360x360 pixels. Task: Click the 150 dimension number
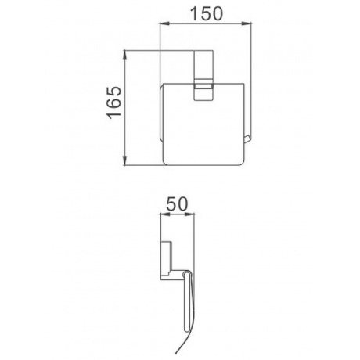pos(207,14)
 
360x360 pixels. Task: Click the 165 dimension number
pos(114,103)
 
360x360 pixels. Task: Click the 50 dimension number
pos(177,204)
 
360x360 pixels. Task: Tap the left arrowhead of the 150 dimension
pos(164,24)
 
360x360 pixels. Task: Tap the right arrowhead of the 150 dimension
pos(247,24)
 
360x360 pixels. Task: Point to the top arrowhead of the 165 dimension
pos(125,55)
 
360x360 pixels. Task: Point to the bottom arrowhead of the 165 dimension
pos(125,160)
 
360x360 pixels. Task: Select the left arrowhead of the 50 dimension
pos(164,214)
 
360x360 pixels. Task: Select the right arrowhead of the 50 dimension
pos(190,214)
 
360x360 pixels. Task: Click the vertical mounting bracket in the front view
pos(203,75)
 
